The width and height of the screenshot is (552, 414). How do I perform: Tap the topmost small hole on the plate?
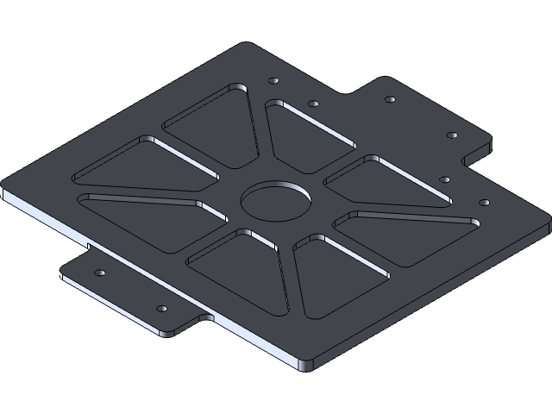(x=273, y=80)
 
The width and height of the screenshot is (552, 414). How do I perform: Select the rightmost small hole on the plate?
(x=484, y=202)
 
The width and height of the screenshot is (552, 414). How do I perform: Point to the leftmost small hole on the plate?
(x=99, y=273)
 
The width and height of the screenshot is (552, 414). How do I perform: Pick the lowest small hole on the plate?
(x=160, y=308)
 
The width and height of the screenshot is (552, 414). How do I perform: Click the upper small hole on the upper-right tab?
(x=390, y=100)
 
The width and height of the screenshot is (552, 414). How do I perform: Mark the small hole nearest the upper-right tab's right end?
(x=451, y=135)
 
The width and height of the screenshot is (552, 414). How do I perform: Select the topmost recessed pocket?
(x=212, y=125)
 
